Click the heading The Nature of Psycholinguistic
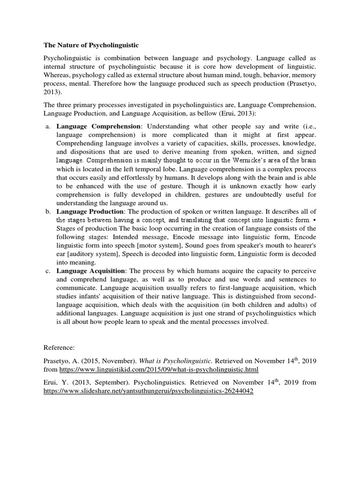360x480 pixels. point(91,45)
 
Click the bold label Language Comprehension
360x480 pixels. point(98,127)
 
